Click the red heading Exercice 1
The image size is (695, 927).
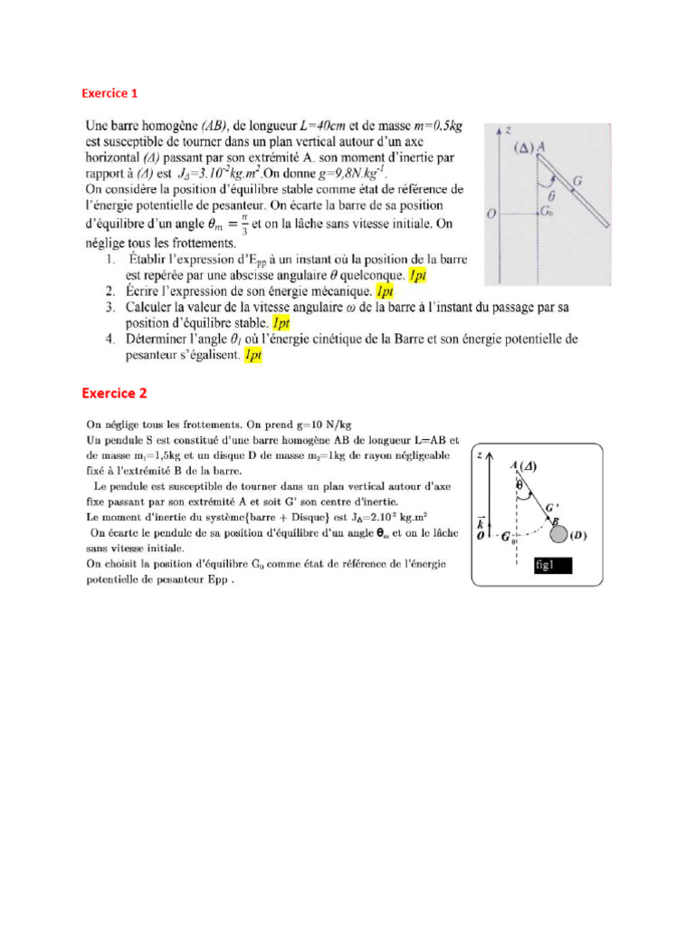pyautogui.click(x=109, y=93)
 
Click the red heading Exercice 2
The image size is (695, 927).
pyautogui.click(x=114, y=393)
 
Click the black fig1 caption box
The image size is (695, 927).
pyautogui.click(x=553, y=567)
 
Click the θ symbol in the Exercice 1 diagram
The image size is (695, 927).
pyautogui.click(x=553, y=193)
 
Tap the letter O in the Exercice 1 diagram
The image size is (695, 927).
pyautogui.click(x=490, y=214)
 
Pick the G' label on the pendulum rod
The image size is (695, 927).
pyautogui.click(x=551, y=507)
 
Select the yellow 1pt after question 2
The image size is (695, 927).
pyautogui.click(x=385, y=291)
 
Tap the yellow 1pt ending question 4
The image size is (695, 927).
pyautogui.click(x=252, y=356)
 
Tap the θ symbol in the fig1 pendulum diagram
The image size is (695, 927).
pyautogui.click(x=519, y=484)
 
